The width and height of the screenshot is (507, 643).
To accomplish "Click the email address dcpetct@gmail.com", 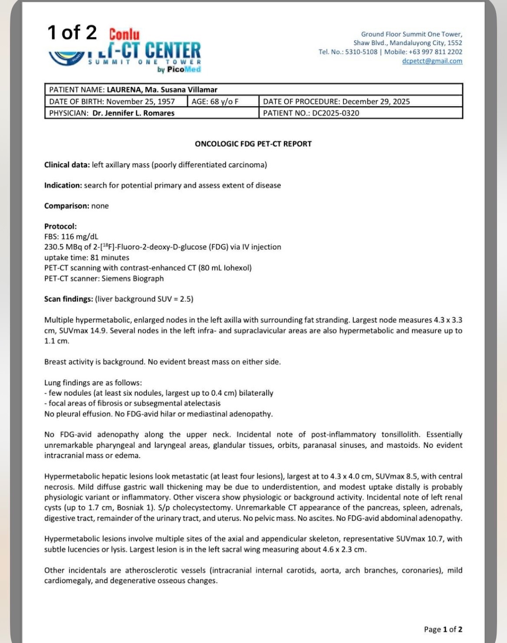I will [432, 61].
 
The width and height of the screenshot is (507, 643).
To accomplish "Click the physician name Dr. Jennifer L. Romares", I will [133, 113].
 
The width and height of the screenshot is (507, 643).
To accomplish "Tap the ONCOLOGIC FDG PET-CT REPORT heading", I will [253, 144].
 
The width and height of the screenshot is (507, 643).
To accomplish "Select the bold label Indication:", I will [63, 185].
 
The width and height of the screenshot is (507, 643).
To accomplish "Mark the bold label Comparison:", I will [66, 206].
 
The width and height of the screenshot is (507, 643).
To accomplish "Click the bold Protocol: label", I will [60, 226].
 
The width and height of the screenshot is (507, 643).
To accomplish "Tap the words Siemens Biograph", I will [132, 279].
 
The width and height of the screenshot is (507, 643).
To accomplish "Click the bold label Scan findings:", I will [68, 299].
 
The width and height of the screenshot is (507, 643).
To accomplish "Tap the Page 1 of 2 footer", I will [443, 630].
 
